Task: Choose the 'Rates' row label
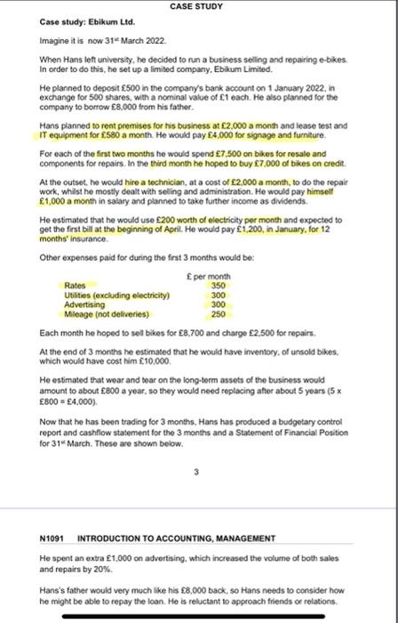(x=76, y=285)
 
